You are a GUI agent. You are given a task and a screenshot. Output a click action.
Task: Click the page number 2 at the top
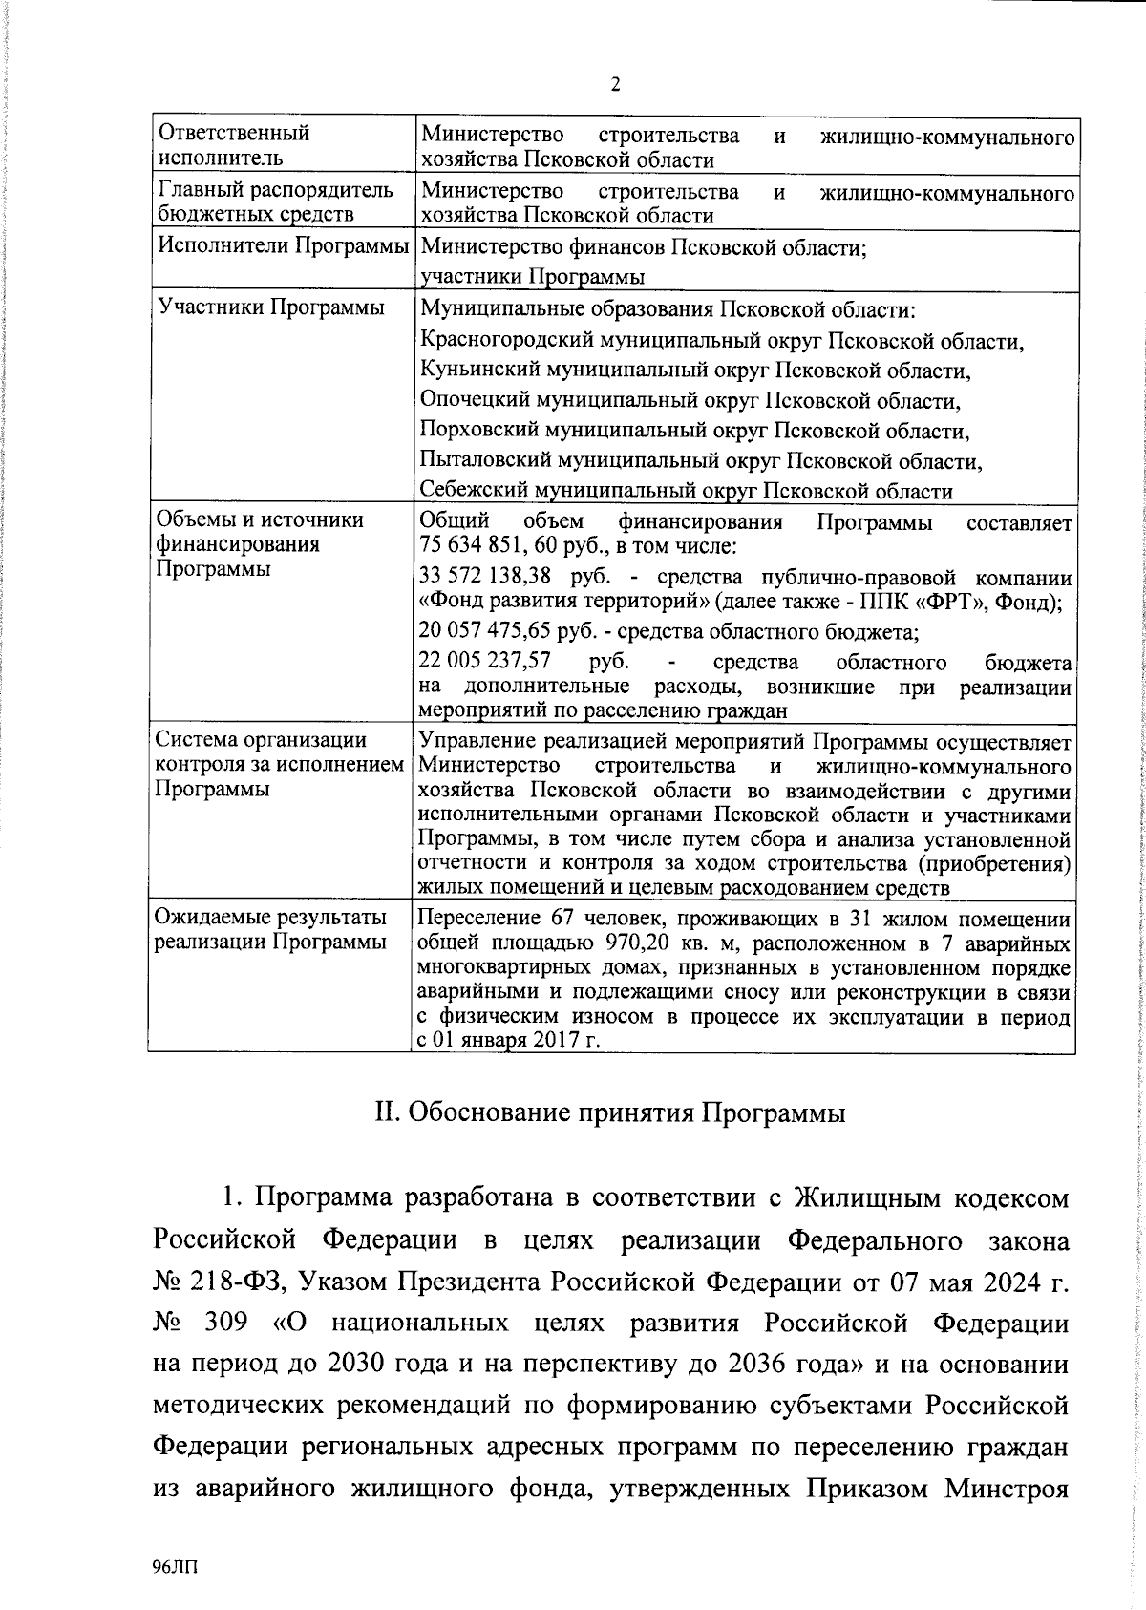615,84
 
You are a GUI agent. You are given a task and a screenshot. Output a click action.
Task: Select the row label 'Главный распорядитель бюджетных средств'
275,202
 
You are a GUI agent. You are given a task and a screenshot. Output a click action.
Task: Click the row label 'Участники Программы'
271,307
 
